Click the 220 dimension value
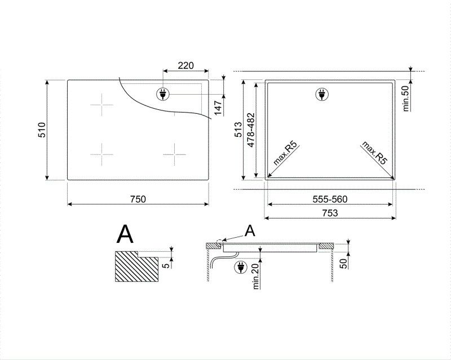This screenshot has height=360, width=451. pyautogui.click(x=185, y=65)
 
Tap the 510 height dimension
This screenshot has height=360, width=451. pyautogui.click(x=41, y=130)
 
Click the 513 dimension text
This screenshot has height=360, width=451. pyautogui.click(x=238, y=130)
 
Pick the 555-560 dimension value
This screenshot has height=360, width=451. pyautogui.click(x=330, y=198)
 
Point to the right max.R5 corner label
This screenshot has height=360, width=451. pyautogui.click(x=375, y=153)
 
